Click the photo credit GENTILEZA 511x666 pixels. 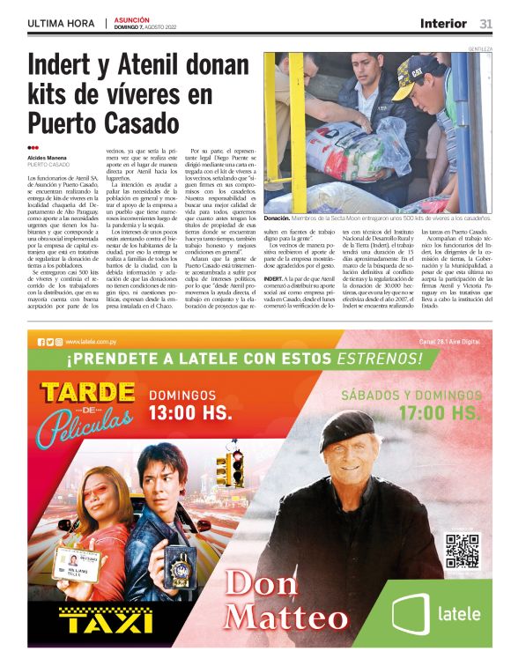[x=481, y=48]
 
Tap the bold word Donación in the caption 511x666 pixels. [x=282, y=218]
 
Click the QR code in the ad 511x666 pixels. [x=462, y=551]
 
